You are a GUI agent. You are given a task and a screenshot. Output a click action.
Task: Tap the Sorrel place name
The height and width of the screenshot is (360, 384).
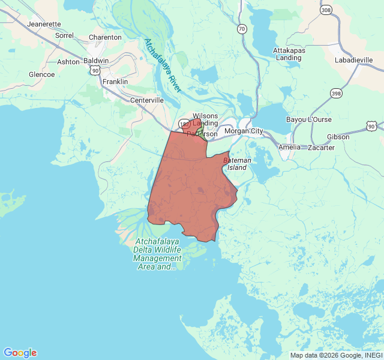(x=64, y=35)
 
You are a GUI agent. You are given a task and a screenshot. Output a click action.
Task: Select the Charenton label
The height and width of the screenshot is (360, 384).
(x=105, y=37)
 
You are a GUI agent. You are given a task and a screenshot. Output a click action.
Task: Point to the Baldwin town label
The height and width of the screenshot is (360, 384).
(x=96, y=61)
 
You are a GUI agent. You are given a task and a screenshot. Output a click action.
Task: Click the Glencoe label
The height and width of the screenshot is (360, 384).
(x=41, y=74)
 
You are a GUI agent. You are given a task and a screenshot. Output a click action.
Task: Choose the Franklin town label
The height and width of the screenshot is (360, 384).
(x=115, y=81)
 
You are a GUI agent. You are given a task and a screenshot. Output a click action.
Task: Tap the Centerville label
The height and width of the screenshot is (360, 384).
(x=147, y=100)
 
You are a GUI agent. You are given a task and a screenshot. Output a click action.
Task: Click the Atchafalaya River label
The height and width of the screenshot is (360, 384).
(x=162, y=65)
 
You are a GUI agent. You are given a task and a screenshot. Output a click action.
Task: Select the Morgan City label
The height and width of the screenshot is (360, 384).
(x=243, y=131)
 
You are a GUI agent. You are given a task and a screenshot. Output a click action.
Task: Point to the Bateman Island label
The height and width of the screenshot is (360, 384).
(x=236, y=164)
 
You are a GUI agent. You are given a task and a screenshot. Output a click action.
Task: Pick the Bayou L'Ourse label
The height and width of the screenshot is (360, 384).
(x=308, y=119)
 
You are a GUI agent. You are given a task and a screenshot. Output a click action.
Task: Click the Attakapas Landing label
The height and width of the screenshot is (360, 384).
(x=289, y=54)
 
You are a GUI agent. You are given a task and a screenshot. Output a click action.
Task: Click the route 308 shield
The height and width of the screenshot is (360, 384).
(x=326, y=10)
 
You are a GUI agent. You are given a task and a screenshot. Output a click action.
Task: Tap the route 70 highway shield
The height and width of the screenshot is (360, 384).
(x=241, y=28)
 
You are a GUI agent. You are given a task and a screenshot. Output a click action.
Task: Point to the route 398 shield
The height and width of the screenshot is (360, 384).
(x=336, y=93)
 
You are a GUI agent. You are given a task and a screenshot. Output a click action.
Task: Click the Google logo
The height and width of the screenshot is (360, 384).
(x=20, y=353)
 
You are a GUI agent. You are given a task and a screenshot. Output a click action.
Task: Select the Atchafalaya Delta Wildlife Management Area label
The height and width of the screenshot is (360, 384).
(x=157, y=254)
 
